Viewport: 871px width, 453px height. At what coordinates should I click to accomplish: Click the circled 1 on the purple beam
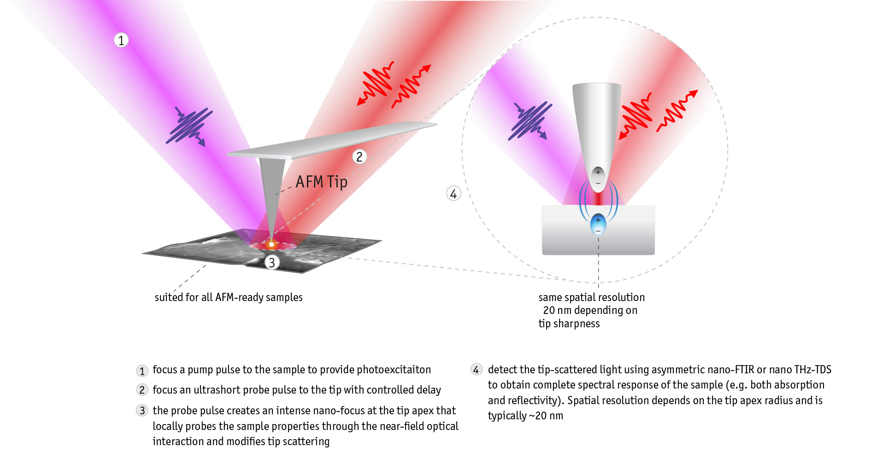click(x=121, y=41)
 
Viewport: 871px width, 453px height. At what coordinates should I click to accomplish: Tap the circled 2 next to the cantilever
click(x=359, y=157)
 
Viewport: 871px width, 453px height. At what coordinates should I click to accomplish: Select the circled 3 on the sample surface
click(x=272, y=262)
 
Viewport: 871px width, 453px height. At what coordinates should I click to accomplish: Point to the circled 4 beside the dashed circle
click(x=453, y=194)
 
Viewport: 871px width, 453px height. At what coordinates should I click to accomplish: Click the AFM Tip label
click(x=321, y=182)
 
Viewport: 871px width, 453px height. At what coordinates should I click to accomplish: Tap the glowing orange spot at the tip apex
click(x=271, y=244)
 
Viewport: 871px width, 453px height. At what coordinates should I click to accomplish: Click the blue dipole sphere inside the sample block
click(x=598, y=225)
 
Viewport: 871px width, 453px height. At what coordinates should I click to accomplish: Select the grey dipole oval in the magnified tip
click(x=598, y=178)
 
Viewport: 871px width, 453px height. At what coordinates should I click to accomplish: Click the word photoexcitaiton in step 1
click(x=394, y=370)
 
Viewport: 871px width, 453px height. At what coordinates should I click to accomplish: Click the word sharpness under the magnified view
click(x=577, y=324)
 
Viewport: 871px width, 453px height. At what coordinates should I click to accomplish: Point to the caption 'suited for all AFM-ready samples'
click(x=229, y=297)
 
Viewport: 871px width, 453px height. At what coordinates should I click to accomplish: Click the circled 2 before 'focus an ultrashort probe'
click(x=142, y=390)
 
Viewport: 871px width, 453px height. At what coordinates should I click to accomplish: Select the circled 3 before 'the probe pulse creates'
click(x=142, y=411)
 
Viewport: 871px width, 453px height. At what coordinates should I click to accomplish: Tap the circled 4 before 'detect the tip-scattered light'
click(x=476, y=370)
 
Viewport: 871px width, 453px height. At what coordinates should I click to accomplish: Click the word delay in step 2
click(x=429, y=390)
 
